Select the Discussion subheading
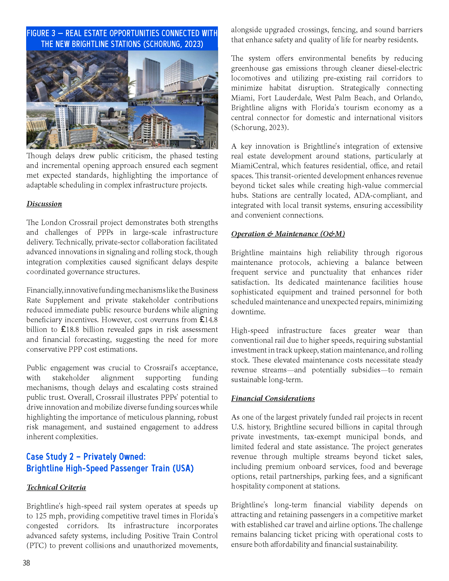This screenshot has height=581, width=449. tap(44, 204)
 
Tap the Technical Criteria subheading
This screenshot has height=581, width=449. tap(56, 487)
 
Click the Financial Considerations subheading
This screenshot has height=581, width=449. tap(273, 398)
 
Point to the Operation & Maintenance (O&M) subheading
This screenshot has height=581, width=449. tap(288, 234)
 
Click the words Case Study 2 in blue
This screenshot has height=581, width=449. tap(50, 457)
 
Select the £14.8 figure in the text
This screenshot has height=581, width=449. tap(209, 320)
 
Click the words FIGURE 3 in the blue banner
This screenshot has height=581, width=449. tap(41, 33)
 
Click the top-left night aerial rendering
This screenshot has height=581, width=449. tap(77, 76)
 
